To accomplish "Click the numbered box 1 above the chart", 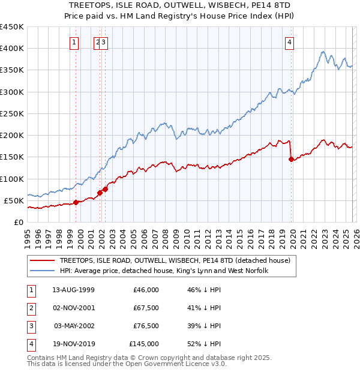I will pos(74,42).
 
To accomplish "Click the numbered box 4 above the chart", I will pos(289,42).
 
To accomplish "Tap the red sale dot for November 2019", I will pos(292,159).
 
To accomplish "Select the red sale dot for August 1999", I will pos(76,202).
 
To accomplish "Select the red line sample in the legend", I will pos(42,260).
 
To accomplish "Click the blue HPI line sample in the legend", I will pos(42,271).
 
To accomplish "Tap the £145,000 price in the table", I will pos(144,344).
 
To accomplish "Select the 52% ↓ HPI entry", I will pos(204,344).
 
